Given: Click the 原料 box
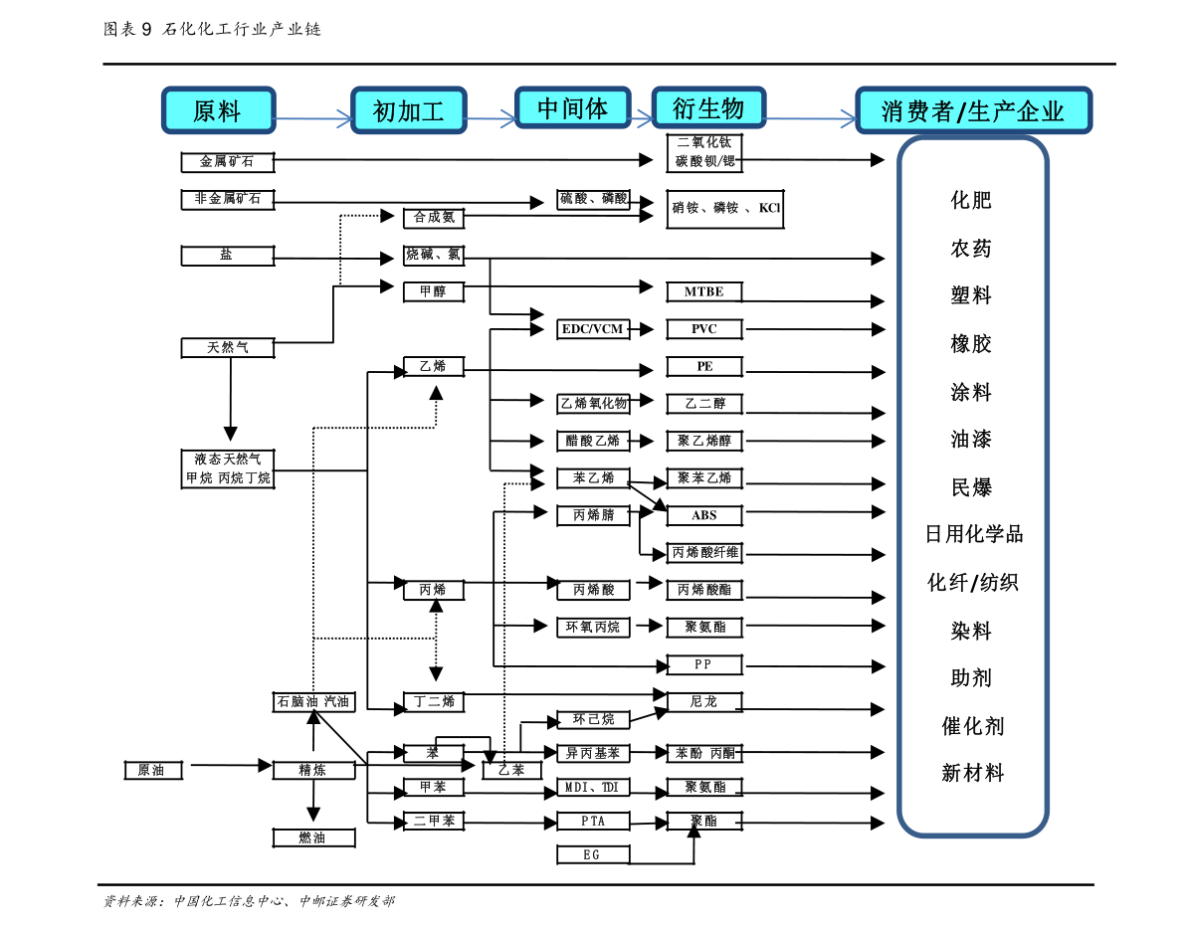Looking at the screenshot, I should tap(218, 110).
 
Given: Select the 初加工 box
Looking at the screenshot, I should tap(408, 110).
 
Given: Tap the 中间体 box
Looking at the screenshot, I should tap(572, 107).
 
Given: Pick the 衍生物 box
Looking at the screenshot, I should tap(708, 107).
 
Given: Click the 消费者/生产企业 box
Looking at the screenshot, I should tap(973, 110).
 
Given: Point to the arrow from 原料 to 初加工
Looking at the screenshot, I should tap(312, 119).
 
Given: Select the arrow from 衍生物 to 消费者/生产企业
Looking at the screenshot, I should tap(810, 119).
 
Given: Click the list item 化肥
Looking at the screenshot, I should tap(971, 200).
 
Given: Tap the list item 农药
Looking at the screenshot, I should tap(971, 248).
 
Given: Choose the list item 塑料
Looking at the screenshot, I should tap(971, 295).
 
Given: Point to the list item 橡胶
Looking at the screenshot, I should tap(971, 344).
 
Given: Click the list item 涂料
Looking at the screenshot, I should tap(971, 392).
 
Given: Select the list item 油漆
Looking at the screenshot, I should tap(971, 439).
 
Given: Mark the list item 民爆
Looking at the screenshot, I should tap(971, 487).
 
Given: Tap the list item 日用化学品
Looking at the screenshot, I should tap(974, 534).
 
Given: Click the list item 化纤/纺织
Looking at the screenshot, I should tap(973, 582).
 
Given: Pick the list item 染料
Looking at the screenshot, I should tap(971, 631).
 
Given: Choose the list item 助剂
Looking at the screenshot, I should tap(971, 678).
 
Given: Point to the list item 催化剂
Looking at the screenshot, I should tap(973, 726).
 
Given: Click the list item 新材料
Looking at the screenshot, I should tap(973, 773).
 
